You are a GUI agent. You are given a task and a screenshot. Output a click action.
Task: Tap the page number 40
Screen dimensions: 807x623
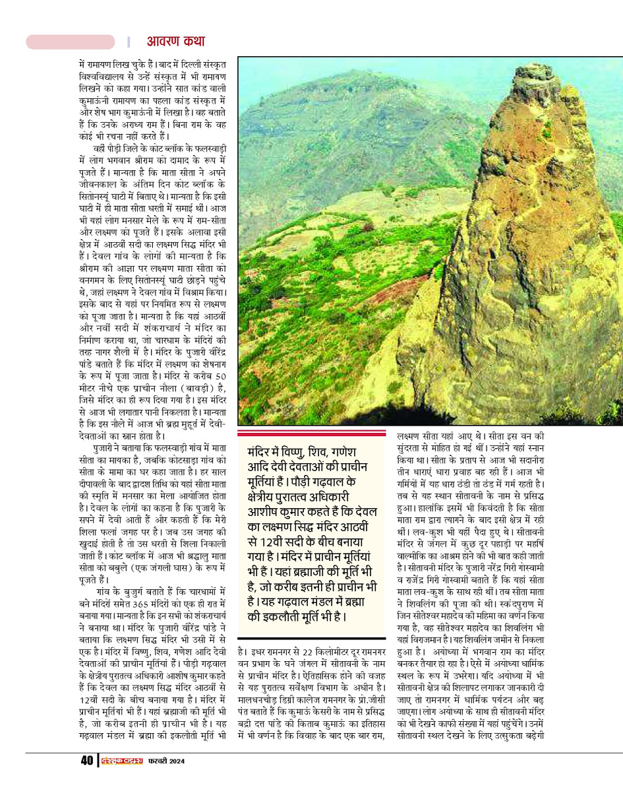[x=87, y=761]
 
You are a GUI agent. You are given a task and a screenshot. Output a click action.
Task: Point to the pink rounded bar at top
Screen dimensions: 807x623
[x=71, y=42]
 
